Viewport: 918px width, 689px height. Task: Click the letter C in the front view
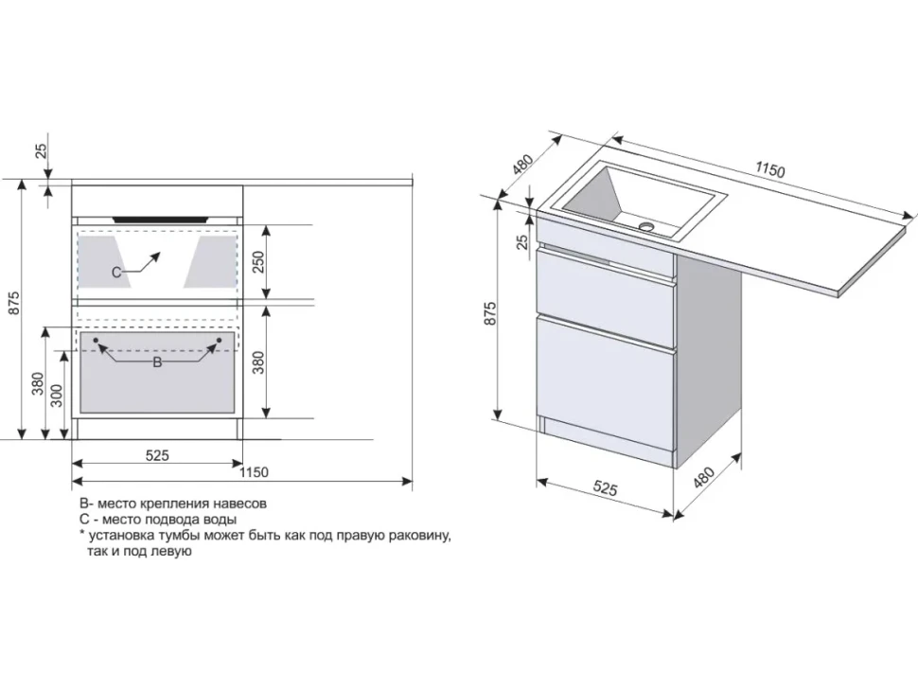pos(115,273)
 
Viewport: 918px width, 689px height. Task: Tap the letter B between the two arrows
pos(157,362)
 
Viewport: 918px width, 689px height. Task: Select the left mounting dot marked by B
pos(96,340)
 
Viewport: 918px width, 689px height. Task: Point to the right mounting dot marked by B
pos(219,340)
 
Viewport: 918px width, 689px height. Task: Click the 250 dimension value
pos(258,261)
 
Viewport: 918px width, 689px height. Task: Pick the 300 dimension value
pos(57,396)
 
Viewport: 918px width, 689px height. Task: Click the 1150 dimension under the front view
pos(254,472)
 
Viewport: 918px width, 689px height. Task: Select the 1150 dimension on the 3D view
pos(769,169)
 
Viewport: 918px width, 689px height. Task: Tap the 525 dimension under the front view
pos(157,455)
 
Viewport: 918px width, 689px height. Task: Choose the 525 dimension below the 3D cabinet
pos(606,487)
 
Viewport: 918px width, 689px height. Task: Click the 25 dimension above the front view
pos(41,151)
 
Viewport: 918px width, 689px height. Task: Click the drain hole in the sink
pos(646,225)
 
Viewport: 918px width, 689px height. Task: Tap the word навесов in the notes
pos(239,503)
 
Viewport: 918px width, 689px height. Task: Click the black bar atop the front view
pos(161,220)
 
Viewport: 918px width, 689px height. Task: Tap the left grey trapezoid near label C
pos(100,261)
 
